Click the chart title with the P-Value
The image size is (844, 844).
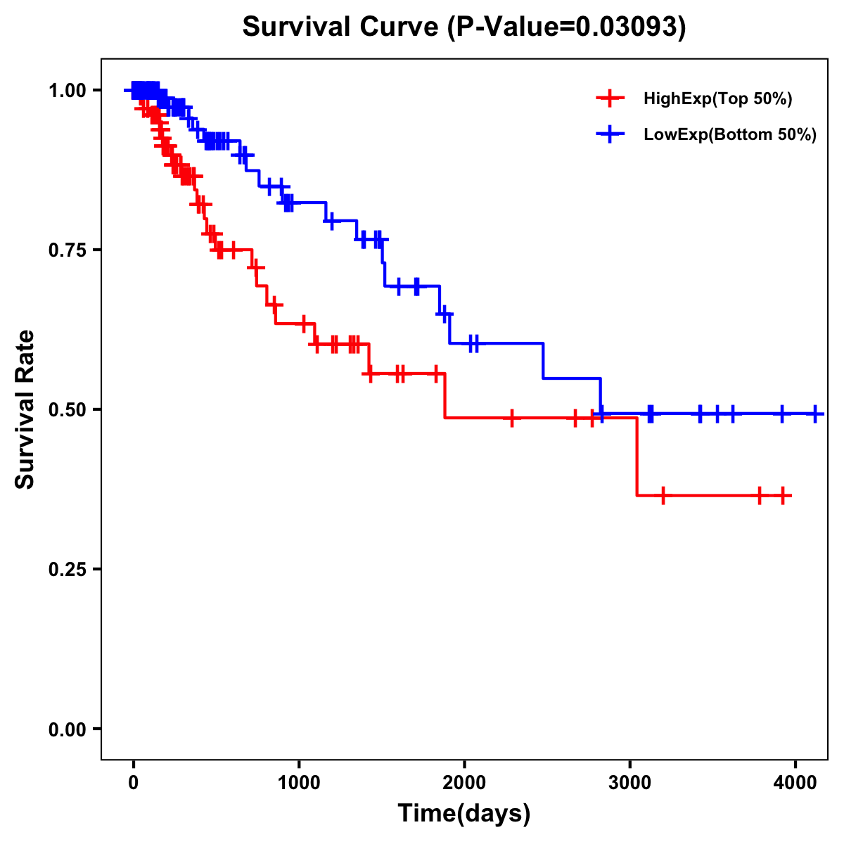[463, 27]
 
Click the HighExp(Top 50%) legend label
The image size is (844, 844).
[717, 99]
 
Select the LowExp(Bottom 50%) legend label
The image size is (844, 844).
[730, 135]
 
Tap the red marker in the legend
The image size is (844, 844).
[609, 98]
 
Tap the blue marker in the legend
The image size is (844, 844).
[609, 134]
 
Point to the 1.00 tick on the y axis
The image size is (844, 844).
[67, 91]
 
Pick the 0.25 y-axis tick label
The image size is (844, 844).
[67, 570]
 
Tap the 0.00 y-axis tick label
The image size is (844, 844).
[67, 729]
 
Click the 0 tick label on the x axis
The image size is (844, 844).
[133, 782]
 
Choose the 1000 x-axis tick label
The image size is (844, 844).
[299, 782]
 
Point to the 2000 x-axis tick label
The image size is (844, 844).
[464, 782]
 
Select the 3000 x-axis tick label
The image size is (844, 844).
[629, 782]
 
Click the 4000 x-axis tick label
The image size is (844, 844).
[795, 782]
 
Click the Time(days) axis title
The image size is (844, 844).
[464, 814]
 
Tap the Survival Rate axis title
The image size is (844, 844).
[25, 409]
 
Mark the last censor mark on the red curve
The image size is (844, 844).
[782, 496]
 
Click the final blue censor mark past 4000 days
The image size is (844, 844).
[815, 414]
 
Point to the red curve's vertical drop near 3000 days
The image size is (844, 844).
[637, 457]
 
